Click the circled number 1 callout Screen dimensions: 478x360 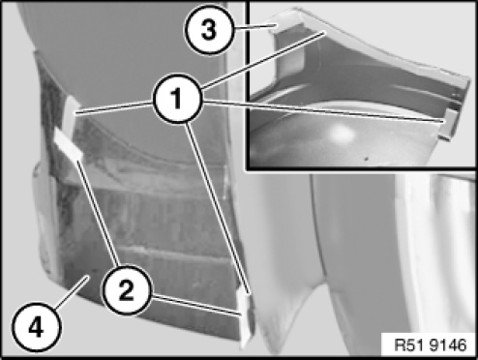(x=177, y=99)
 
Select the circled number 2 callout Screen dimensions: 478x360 (x=126, y=289)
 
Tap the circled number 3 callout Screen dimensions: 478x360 (x=208, y=30)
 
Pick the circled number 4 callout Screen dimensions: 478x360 (x=36, y=327)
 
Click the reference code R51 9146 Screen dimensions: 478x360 (x=431, y=345)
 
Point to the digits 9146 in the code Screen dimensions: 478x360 (x=448, y=345)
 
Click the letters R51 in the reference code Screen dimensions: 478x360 (x=409, y=345)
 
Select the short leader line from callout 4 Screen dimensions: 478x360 (x=71, y=291)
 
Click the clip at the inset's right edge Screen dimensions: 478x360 (x=450, y=123)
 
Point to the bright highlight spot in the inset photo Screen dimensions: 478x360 (x=341, y=134)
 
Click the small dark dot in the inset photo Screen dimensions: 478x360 (x=366, y=159)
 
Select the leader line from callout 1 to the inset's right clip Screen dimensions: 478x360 (x=323, y=111)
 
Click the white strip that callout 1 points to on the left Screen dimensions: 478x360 (x=71, y=113)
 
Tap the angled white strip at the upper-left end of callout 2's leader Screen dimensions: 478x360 (x=68, y=143)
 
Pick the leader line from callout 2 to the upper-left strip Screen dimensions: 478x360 (x=99, y=213)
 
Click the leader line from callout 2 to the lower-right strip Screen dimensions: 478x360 (x=196, y=305)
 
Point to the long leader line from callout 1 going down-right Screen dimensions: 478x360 (x=217, y=208)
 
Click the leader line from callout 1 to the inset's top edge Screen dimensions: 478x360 (x=263, y=60)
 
